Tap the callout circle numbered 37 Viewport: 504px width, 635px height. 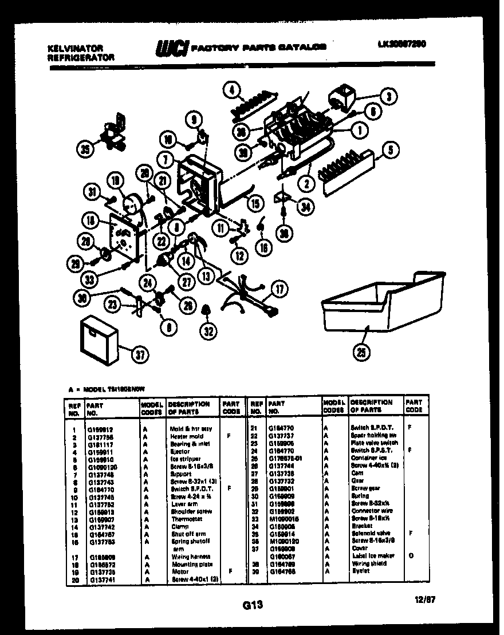click(x=139, y=354)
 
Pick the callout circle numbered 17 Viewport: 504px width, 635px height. click(x=279, y=290)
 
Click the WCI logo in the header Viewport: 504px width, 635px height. click(x=171, y=48)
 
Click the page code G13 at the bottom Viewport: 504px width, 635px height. click(x=251, y=604)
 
